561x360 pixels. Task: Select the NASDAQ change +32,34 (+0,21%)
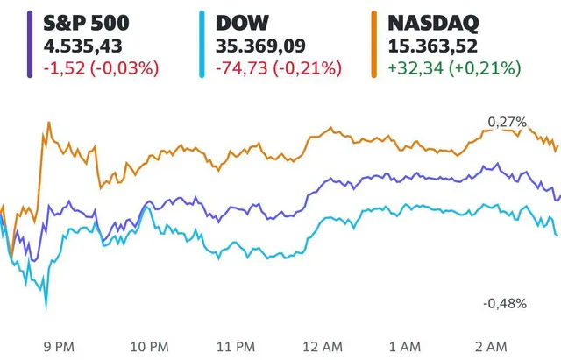pos(447,67)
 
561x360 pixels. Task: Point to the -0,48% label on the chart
pos(504,304)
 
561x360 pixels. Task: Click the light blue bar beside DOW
pos(202,45)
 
